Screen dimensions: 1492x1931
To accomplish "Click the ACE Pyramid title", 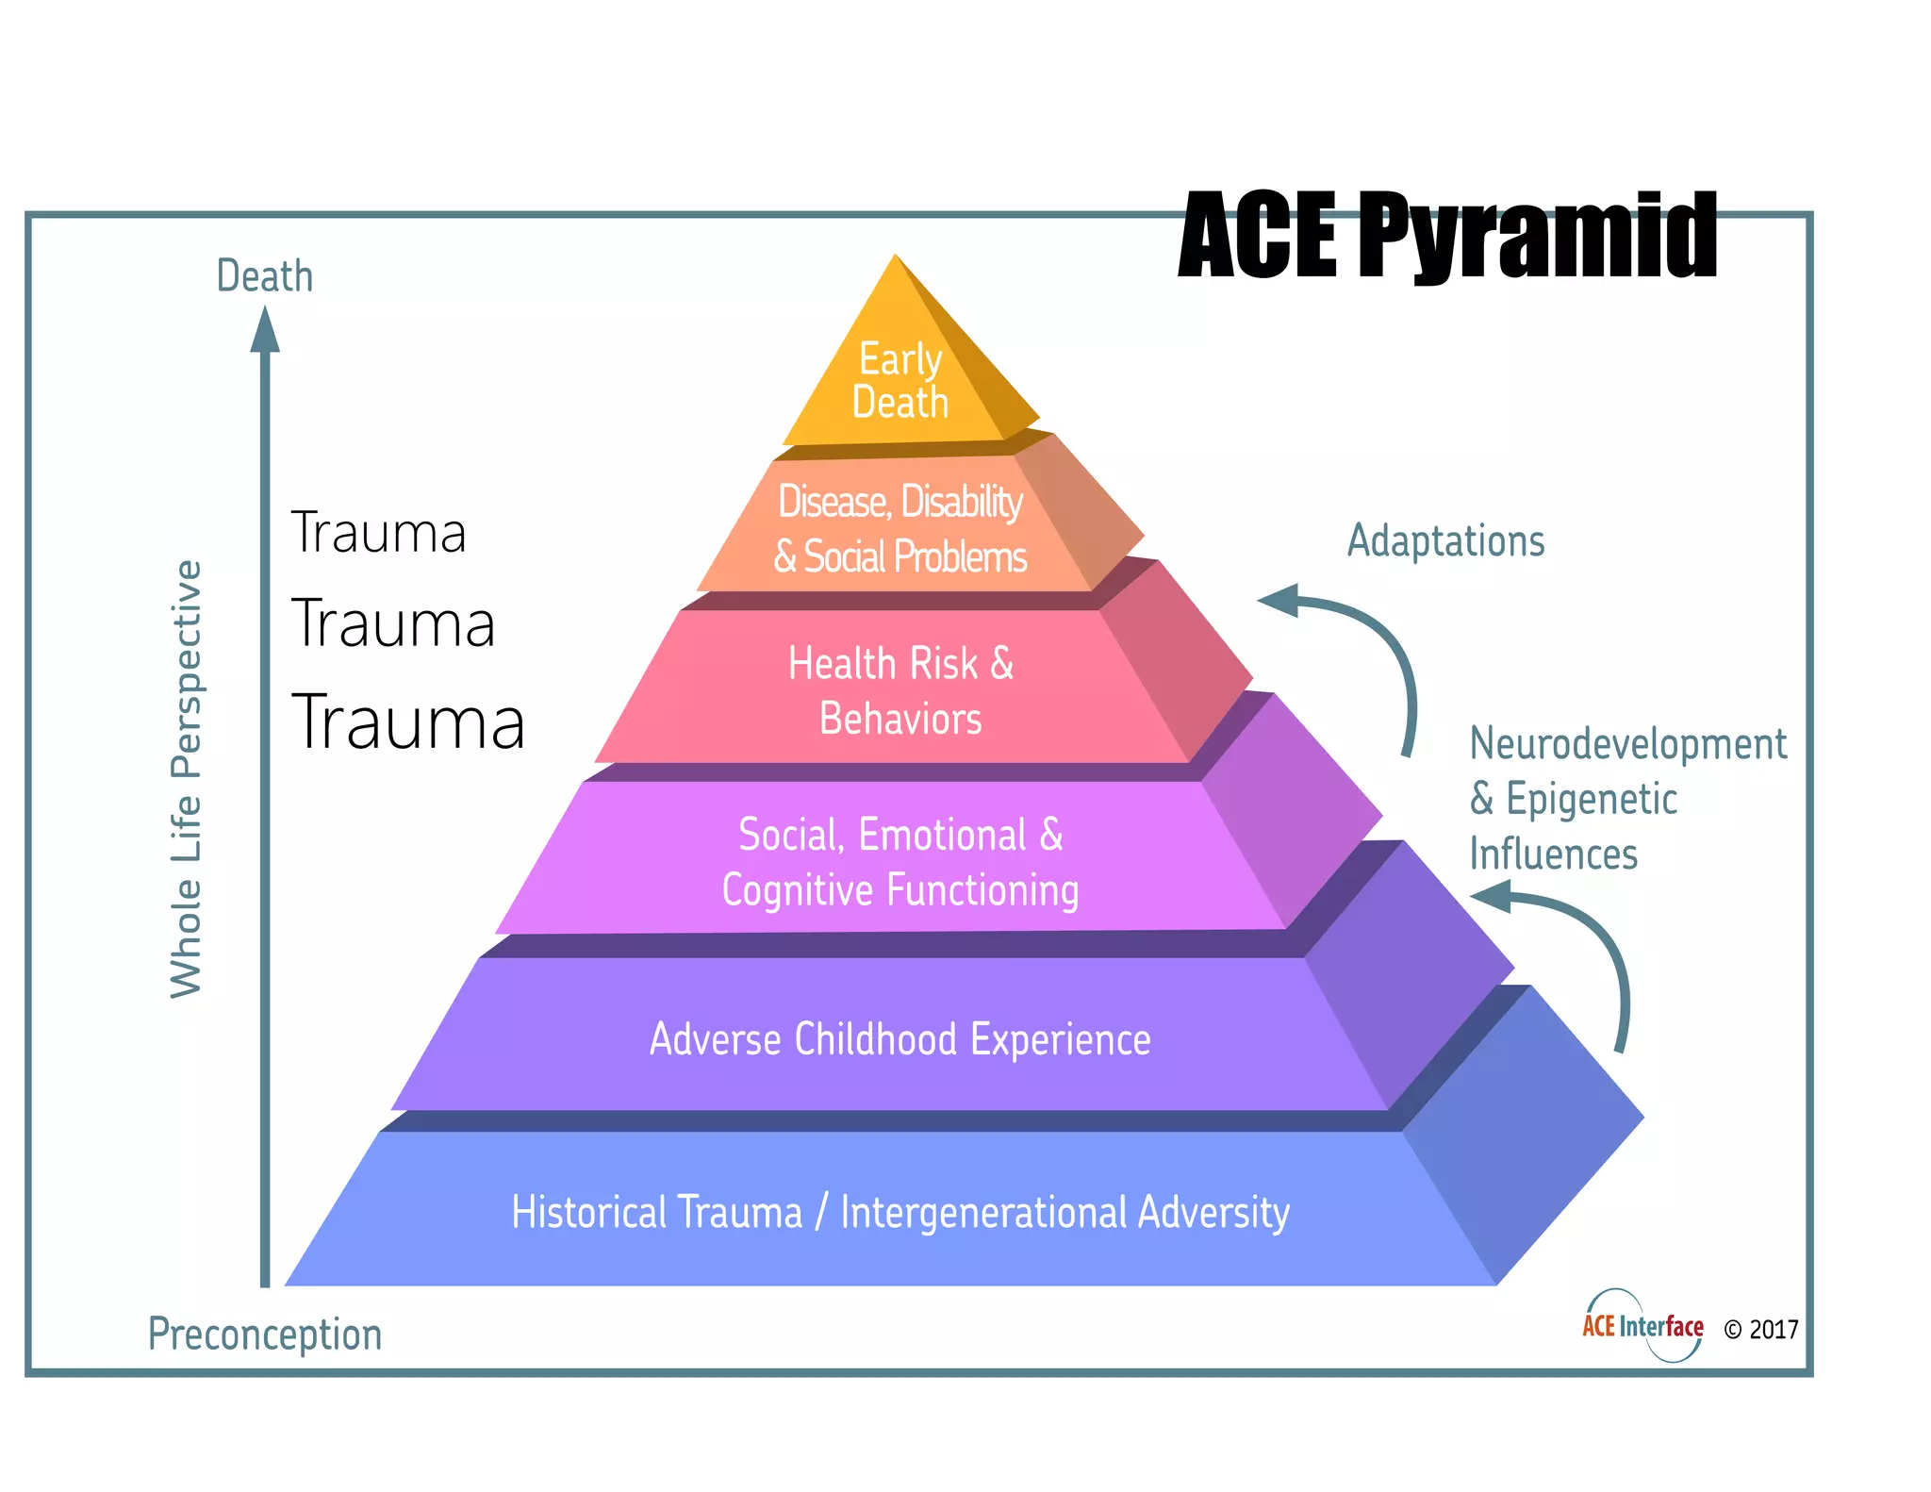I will tap(1447, 235).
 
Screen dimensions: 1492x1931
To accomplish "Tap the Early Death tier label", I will tap(899, 380).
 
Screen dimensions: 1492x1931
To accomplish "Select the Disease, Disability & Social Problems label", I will tap(899, 529).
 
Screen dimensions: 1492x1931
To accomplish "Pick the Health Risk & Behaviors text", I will tap(900, 690).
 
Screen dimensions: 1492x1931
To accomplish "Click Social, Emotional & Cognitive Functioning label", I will tap(900, 862).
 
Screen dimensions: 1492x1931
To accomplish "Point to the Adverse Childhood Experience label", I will tap(899, 1039).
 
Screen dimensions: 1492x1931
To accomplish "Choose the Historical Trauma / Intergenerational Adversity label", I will tap(899, 1212).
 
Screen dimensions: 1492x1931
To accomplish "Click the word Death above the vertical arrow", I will tap(264, 276).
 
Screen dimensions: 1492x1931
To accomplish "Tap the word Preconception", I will tap(265, 1335).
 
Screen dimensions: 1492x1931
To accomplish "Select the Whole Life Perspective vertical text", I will tap(187, 779).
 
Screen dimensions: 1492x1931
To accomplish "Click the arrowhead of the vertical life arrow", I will tap(265, 330).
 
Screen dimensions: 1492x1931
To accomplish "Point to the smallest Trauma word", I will tap(378, 533).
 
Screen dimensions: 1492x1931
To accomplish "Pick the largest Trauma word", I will tap(407, 721).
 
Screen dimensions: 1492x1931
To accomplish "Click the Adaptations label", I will tap(1445, 541).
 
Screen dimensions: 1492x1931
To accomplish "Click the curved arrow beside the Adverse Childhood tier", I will tap(1575, 953).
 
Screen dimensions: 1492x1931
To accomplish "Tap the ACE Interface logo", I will tap(1642, 1326).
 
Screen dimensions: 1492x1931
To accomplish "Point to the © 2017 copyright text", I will tap(1760, 1330).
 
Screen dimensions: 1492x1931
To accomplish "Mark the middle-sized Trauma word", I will tap(392, 623).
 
